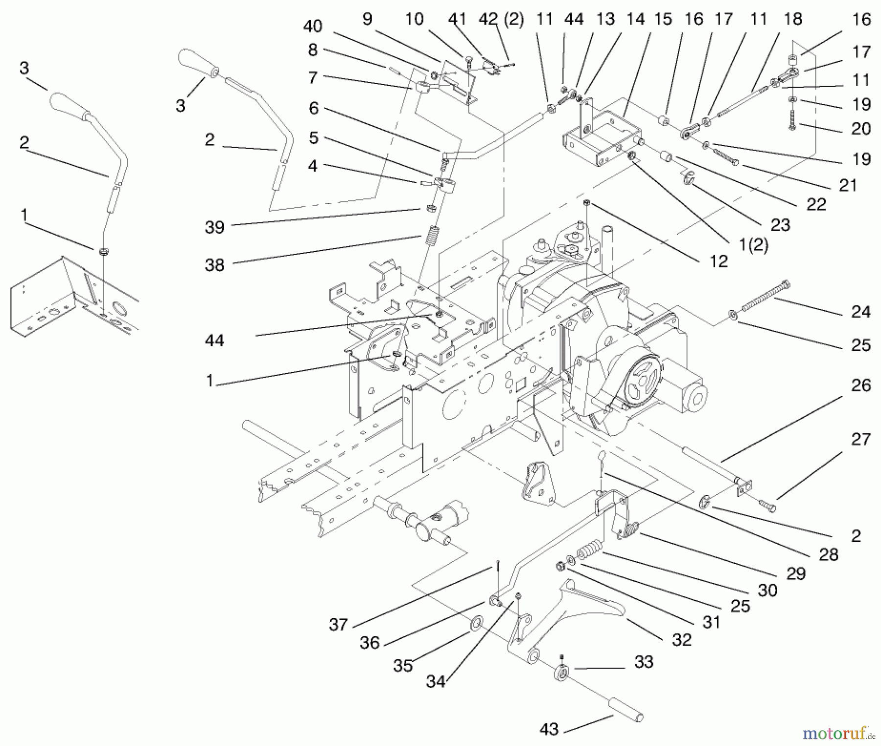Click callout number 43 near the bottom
pos(549,728)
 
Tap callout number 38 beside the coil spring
pos(214,265)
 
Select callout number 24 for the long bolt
pos(860,312)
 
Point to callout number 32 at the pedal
pos(681,639)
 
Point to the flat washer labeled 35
pos(475,625)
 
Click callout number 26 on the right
pos(860,385)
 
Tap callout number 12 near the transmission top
pos(719,261)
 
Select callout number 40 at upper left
pos(312,26)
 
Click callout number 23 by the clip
pos(780,225)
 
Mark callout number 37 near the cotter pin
pos(338,625)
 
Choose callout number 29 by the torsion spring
pos(795,574)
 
